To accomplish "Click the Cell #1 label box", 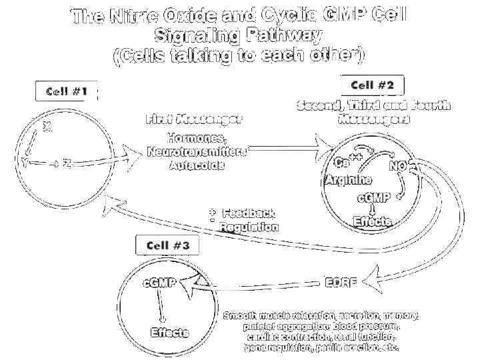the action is pos(67,91).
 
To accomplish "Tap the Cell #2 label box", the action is pos(373,85).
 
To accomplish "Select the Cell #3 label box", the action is pos(167,245).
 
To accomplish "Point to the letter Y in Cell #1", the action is pos(25,163).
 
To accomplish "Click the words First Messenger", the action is pos(194,120).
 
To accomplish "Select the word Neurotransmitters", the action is pos(197,152).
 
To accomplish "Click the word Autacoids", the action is pos(197,165).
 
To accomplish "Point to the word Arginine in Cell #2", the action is pos(348,181).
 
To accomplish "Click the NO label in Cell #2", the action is pos(398,166).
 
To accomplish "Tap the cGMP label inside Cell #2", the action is pos(374,198).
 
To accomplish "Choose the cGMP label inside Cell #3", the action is pos(160,283).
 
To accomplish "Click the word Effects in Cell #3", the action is pos(169,333).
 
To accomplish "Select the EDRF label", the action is pos(341,282).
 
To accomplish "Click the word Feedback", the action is pos(249,214).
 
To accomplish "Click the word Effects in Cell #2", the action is pos(373,222).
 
